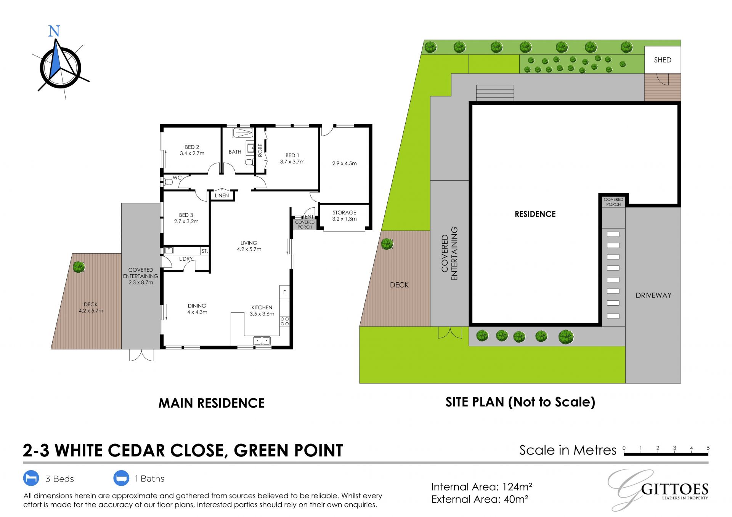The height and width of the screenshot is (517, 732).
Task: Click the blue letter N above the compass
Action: point(54,31)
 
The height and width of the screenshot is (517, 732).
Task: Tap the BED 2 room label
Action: point(192,150)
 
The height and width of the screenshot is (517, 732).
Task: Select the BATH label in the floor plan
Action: point(235,152)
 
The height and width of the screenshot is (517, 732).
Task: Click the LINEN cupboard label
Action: point(222,195)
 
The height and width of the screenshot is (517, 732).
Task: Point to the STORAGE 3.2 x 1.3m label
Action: point(344,216)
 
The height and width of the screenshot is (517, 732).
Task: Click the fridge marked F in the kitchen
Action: point(284,292)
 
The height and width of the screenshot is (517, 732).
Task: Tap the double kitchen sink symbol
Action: point(262,341)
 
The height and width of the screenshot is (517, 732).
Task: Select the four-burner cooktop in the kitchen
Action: point(285,321)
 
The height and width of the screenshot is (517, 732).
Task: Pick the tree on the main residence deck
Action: point(79,267)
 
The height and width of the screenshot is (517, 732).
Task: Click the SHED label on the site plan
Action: point(663,60)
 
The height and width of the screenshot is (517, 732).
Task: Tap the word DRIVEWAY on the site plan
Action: point(653,295)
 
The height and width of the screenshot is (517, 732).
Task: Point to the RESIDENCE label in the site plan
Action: point(535,214)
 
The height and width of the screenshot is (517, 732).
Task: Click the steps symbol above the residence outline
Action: point(495,93)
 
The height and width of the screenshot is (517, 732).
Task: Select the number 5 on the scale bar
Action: point(708,448)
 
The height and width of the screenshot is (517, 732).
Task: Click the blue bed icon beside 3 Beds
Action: point(31,478)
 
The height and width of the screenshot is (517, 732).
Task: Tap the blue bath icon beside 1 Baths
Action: point(121,478)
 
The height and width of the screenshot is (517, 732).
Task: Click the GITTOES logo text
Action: point(675,489)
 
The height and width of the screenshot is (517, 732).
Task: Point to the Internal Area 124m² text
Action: point(482,487)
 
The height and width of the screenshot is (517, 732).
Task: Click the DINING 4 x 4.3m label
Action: point(197,309)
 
